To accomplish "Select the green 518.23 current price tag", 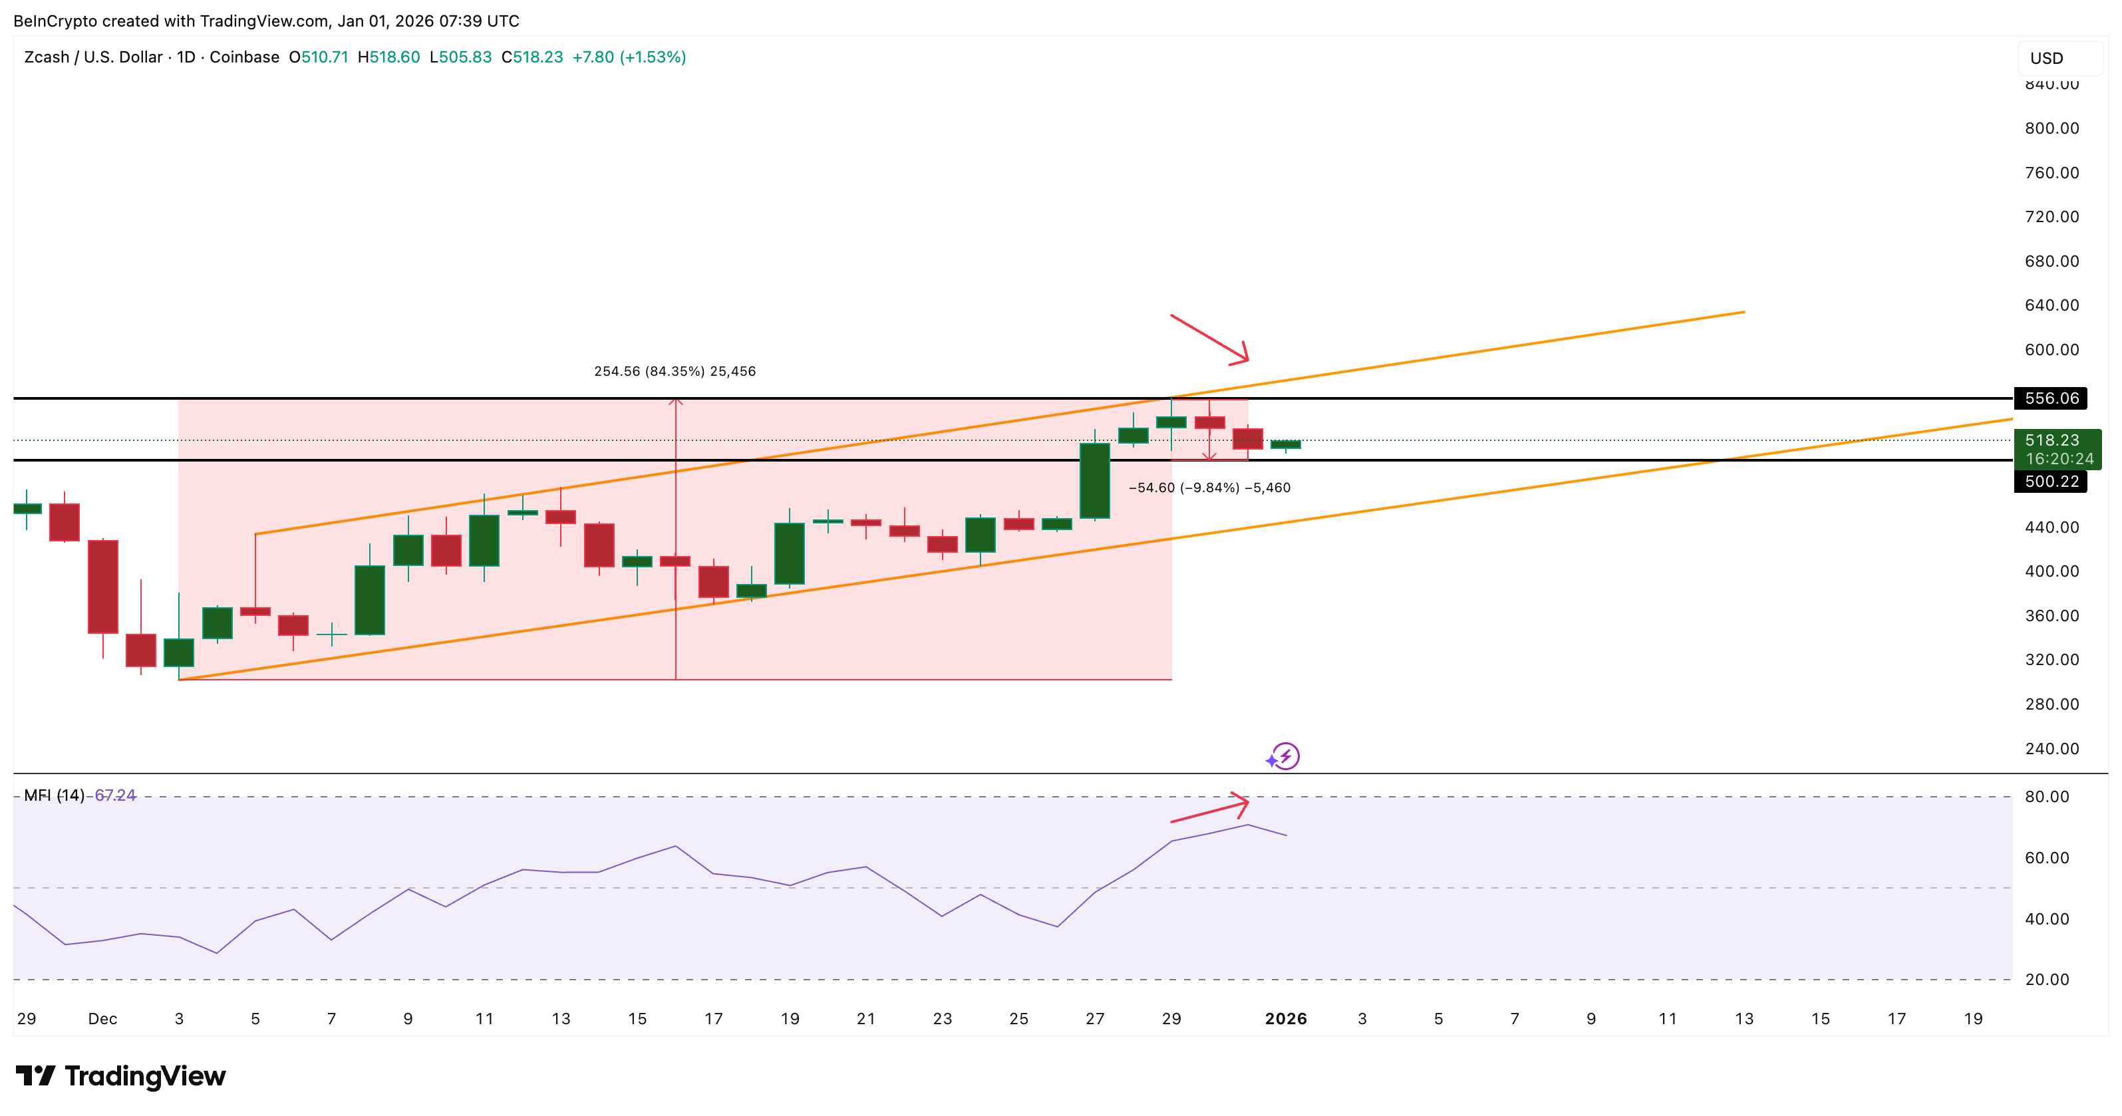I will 2056,449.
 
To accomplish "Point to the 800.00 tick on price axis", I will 2051,128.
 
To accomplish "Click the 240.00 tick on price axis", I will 2051,749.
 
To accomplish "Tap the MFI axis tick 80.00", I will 2046,797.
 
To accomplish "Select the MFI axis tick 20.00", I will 2046,979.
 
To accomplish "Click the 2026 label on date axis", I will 1285,1019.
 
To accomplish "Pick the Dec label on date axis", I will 102,1019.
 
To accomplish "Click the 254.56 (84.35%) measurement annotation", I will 675,372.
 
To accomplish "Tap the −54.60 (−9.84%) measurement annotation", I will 1209,488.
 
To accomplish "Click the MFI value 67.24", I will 115,795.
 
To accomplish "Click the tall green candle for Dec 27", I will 1094,481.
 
